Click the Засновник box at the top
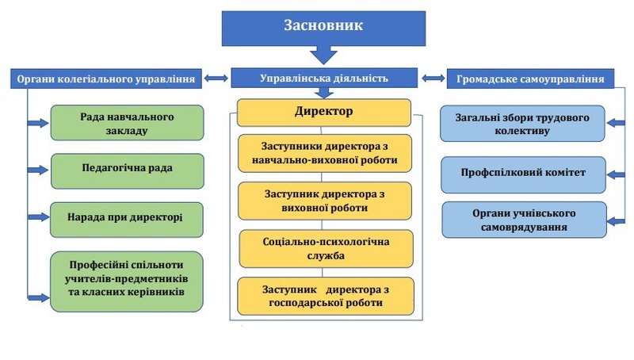[x=323, y=26]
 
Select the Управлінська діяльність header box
[x=323, y=78]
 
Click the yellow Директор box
[x=323, y=112]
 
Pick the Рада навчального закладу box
[x=127, y=123]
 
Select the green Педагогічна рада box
[x=127, y=170]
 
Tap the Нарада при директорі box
[x=127, y=218]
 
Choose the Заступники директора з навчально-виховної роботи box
[x=325, y=153]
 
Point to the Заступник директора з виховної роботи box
[x=325, y=201]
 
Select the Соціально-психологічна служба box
[x=325, y=248]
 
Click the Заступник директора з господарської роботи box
[x=325, y=296]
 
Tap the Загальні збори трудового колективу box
[x=522, y=124]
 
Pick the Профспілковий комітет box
[x=522, y=170]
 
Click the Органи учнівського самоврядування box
[x=522, y=220]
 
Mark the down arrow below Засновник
[x=323, y=56]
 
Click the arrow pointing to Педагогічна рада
[x=38, y=170]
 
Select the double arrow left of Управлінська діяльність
[x=215, y=79]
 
